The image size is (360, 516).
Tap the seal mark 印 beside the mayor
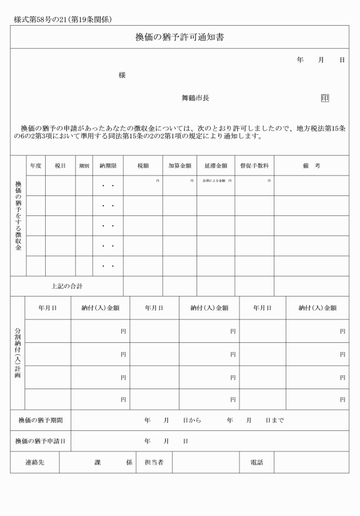[325, 98]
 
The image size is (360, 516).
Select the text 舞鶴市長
[195, 98]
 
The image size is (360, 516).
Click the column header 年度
[36, 166]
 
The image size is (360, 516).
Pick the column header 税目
[61, 166]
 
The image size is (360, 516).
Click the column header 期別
[84, 166]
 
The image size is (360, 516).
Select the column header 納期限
[108, 166]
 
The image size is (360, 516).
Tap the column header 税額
[143, 166]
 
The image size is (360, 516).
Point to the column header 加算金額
[179, 166]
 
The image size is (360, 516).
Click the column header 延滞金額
[215, 166]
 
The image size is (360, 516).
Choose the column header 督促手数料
[254, 166]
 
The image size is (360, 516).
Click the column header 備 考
[311, 166]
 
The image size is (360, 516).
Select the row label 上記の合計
[67, 286]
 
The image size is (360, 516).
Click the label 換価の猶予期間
[40, 421]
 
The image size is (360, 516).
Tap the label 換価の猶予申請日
[40, 441]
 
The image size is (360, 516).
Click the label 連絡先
[34, 462]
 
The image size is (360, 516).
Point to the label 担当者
[154, 462]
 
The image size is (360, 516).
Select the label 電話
[257, 462]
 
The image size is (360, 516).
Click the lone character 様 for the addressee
[122, 75]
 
